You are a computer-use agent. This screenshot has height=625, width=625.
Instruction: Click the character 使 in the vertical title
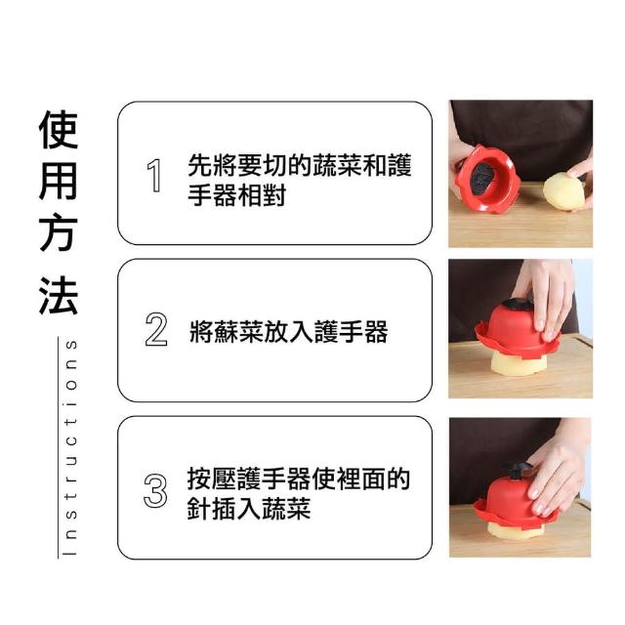pyautogui.click(x=59, y=130)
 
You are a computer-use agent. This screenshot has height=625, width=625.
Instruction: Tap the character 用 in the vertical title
pyautogui.click(x=59, y=181)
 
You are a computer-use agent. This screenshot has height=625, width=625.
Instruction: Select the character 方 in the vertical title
pyautogui.click(x=59, y=232)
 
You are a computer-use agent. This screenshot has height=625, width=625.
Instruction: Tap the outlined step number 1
pyautogui.click(x=154, y=176)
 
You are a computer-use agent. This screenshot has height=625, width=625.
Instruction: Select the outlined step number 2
pyautogui.click(x=156, y=329)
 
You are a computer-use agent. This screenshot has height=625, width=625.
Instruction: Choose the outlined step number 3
pyautogui.click(x=155, y=490)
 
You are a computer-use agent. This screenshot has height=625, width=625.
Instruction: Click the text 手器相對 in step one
pyautogui.click(x=236, y=195)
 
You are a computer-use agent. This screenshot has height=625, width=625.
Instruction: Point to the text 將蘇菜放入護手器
pyautogui.click(x=289, y=332)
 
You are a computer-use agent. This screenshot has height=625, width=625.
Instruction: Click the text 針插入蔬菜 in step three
pyautogui.click(x=249, y=509)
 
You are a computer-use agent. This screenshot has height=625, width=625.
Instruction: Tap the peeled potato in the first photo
pyautogui.click(x=564, y=191)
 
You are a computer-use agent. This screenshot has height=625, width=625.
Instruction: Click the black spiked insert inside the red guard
pyautogui.click(x=480, y=178)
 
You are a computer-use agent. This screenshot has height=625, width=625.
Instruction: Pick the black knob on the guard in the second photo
pyautogui.click(x=518, y=304)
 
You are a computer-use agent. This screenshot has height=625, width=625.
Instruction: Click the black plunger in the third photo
pyautogui.click(x=517, y=471)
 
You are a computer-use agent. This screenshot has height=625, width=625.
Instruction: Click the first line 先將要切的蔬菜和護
pyautogui.click(x=300, y=165)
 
